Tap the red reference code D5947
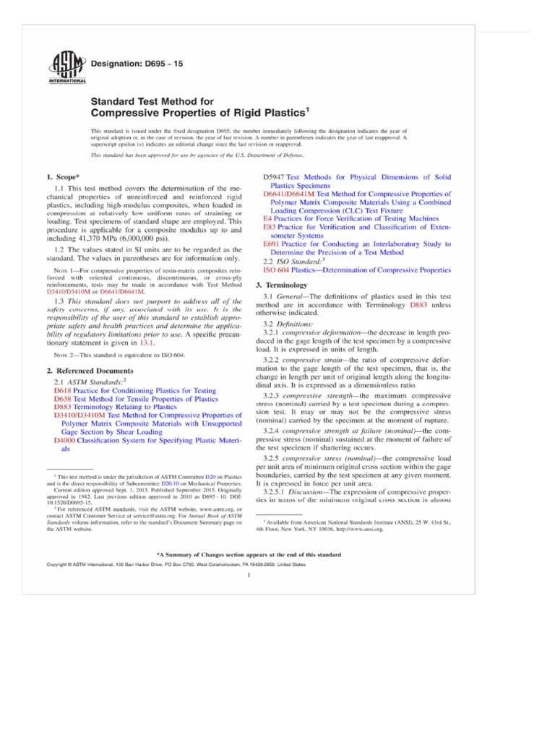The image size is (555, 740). (275, 177)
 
